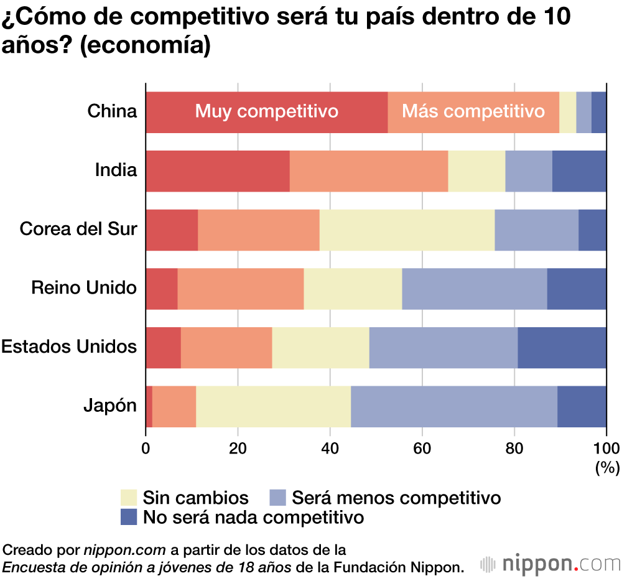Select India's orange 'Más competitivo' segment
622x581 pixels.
[368, 170]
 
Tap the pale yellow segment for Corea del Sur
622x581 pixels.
[407, 230]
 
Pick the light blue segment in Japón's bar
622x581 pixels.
[453, 406]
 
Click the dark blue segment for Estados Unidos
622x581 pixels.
[562, 347]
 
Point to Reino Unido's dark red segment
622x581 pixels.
[162, 288]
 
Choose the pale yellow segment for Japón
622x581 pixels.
[273, 406]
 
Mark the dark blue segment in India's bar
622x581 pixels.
[578, 170]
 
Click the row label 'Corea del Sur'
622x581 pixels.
[78, 229]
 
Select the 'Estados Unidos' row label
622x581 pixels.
[69, 346]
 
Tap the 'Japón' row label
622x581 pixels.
[110, 406]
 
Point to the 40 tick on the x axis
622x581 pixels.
[330, 449]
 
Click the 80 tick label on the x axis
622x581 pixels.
[514, 449]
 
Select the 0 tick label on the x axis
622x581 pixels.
[146, 449]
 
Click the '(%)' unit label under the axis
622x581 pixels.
[608, 467]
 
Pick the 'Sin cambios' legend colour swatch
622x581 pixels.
[128, 498]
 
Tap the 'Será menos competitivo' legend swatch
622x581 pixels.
[277, 498]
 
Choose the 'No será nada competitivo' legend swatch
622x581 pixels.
[128, 517]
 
